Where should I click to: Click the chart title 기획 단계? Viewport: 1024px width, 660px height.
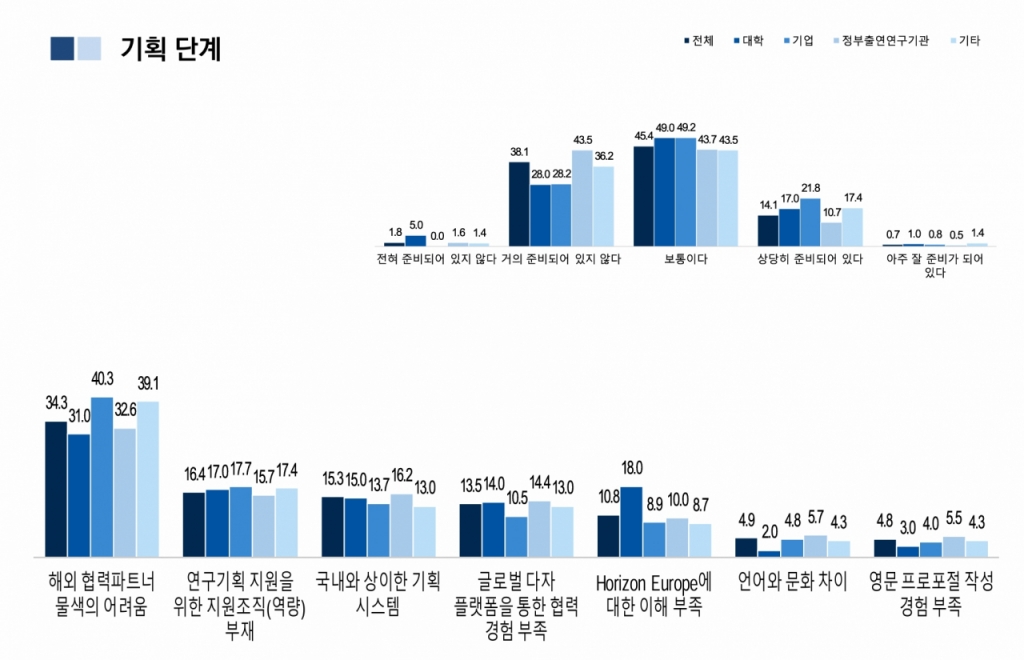170,48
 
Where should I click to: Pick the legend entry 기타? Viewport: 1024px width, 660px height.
969,41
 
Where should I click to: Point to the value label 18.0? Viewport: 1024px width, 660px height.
631,468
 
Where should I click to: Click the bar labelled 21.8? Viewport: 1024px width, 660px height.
811,222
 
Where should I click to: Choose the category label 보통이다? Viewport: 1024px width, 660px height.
686,259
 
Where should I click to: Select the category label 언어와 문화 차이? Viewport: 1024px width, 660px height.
792,581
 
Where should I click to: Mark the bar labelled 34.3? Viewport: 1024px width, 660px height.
56,489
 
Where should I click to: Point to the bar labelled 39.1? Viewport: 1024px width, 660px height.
148,479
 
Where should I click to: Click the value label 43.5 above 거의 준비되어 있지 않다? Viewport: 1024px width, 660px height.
582,140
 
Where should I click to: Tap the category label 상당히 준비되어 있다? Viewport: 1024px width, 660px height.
811,259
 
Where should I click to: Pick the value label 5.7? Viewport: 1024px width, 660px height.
815,519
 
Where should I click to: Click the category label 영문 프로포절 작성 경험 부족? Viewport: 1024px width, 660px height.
931,594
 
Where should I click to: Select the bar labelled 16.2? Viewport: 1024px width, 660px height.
401,525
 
